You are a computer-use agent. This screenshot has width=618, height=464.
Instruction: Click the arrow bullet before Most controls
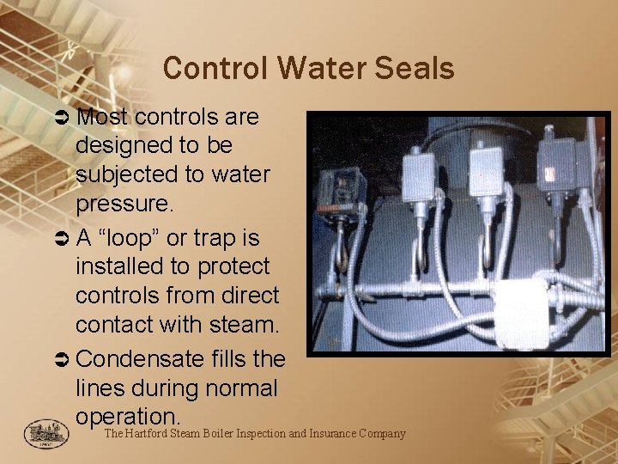(64, 116)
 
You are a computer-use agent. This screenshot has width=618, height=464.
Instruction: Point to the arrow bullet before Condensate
(64, 357)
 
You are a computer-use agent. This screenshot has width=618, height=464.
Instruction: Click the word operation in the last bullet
(127, 417)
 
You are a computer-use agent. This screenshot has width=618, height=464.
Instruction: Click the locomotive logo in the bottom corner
(40, 433)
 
